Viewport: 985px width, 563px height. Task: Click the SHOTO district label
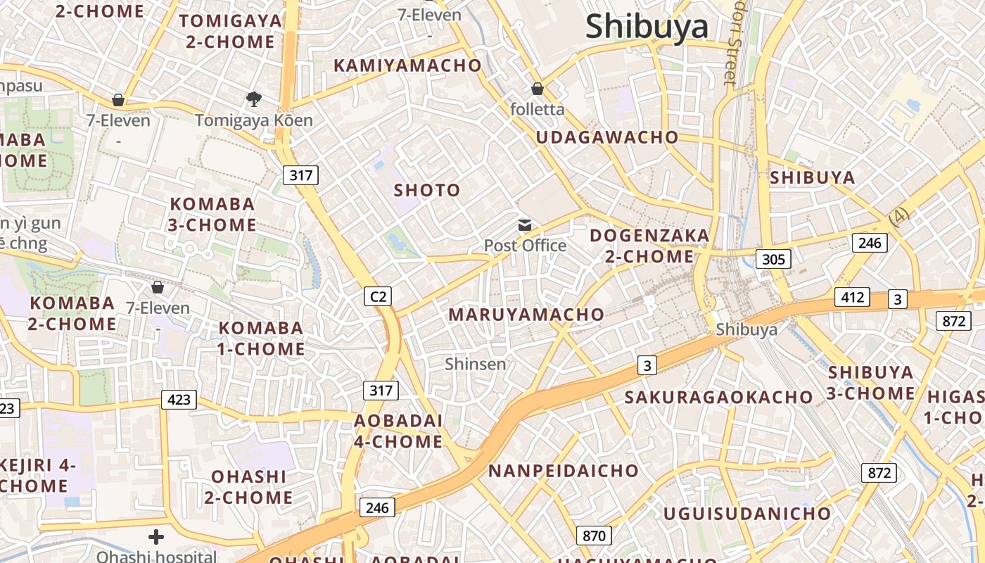(426, 190)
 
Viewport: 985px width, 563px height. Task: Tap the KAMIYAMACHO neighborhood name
(407, 65)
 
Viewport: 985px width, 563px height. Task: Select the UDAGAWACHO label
(607, 137)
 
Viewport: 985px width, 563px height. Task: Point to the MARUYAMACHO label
(526, 315)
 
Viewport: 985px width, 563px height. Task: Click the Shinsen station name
(476, 364)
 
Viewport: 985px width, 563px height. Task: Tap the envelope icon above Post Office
(525, 225)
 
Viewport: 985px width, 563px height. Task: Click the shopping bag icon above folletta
(538, 89)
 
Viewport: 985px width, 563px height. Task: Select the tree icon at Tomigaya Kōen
(253, 99)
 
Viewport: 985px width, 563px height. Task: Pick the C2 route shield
(378, 296)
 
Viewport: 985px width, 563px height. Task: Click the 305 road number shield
(773, 259)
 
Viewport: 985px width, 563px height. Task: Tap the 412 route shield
(852, 297)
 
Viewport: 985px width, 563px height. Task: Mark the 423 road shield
(179, 400)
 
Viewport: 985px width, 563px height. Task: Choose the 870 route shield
(594, 536)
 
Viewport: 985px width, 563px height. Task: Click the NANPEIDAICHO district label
(564, 471)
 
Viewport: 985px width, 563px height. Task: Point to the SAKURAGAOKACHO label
(718, 397)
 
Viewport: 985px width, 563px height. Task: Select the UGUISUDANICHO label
(747, 514)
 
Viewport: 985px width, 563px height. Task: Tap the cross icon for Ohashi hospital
(156, 537)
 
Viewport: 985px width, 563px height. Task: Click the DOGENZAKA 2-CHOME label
(649, 246)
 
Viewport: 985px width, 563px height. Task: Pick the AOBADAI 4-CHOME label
(398, 431)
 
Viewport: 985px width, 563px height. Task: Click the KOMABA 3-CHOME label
(212, 215)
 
